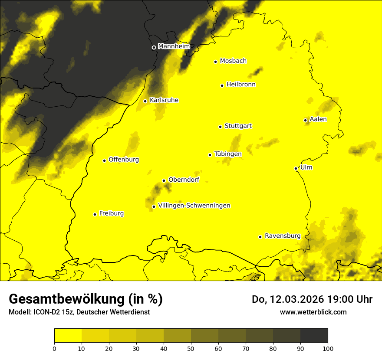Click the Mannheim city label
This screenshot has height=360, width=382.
coord(174,46)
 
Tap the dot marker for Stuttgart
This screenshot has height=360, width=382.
coord(220,127)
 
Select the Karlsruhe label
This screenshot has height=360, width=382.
coord(164,100)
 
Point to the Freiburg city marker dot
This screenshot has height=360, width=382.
coord(95,214)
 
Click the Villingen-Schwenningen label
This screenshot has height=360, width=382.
coord(194,206)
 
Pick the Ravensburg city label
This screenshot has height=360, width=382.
coord(282,236)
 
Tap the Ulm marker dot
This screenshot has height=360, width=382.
coord(296,168)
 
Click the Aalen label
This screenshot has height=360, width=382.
coord(318,119)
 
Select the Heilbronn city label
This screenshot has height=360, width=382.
coord(241,85)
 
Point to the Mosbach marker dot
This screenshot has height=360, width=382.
coord(215,62)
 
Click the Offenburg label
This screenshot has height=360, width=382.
coord(124,160)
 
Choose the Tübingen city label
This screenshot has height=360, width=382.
coord(228,154)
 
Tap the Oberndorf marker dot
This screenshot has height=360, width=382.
coord(164,180)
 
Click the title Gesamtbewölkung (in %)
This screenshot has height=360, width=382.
coord(86,299)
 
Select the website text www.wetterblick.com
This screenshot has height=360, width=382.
coord(313,312)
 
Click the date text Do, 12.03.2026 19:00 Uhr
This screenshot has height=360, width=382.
coord(312,299)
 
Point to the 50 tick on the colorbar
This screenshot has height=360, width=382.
coord(191,348)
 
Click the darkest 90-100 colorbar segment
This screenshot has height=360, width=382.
coord(314,336)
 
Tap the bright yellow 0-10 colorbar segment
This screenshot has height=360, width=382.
coord(68,336)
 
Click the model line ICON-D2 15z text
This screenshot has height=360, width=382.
coord(79,312)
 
